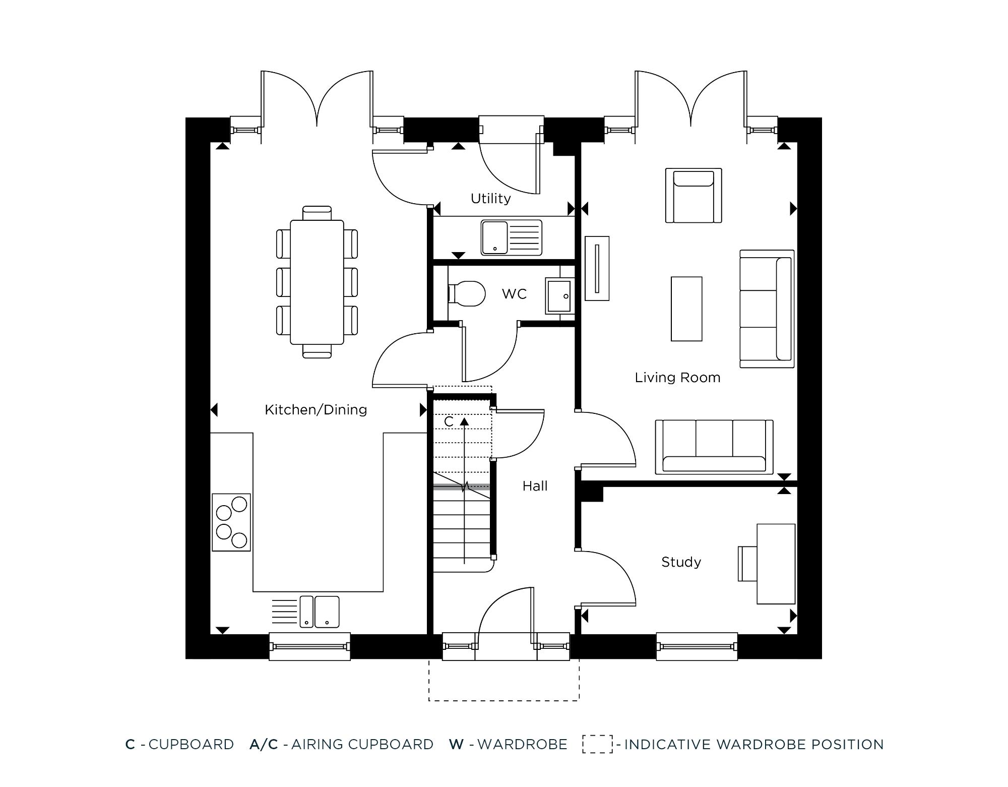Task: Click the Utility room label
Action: pos(490,199)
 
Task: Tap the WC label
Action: pos(514,294)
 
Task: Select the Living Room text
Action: pos(677,378)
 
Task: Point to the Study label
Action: pos(681,562)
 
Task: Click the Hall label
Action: pos(535,486)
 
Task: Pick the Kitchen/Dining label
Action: pos(316,410)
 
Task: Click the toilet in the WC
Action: pos(466,293)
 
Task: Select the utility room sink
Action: pos(511,237)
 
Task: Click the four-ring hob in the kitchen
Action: pos(231,522)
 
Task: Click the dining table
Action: pos(317,282)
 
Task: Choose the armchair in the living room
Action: pos(694,196)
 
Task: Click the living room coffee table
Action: pos(686,309)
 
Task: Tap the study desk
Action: pos(776,564)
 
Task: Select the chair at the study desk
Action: pos(747,564)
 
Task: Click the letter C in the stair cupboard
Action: pos(449,421)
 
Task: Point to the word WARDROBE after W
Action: pos(522,744)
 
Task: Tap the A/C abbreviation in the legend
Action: pos(264,744)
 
